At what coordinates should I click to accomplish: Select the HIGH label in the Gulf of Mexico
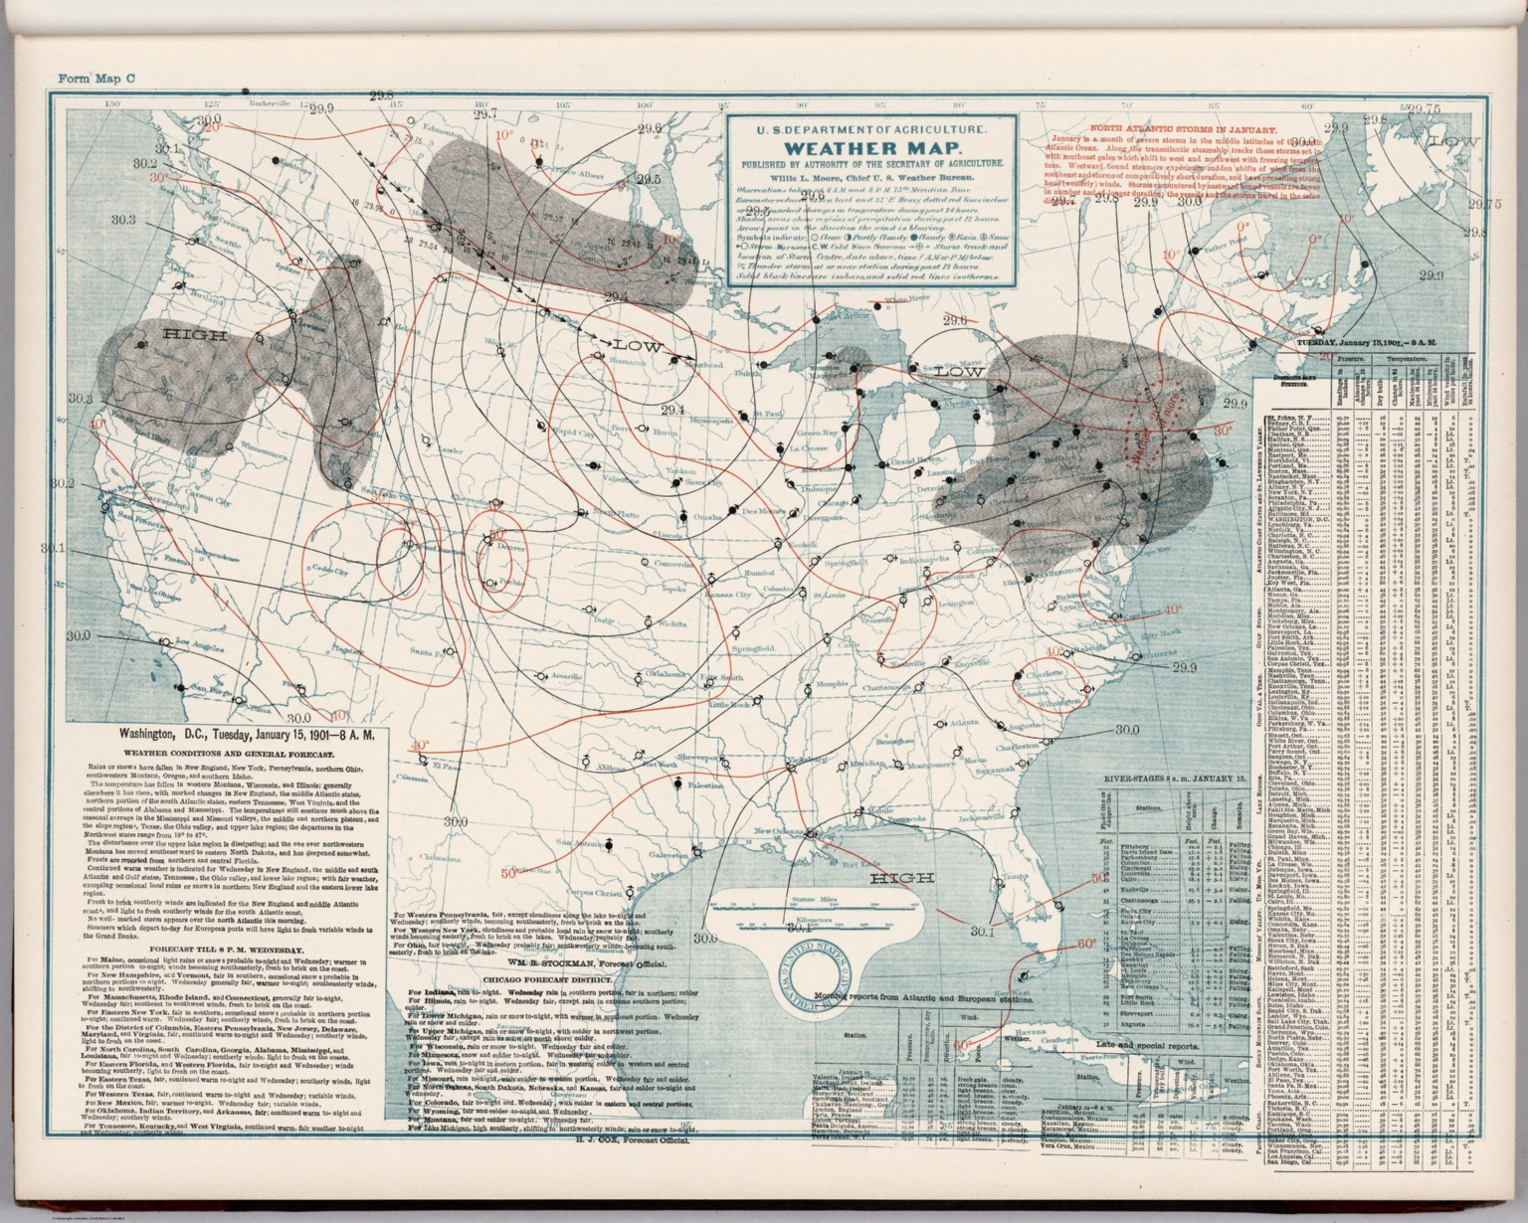pos(901,878)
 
